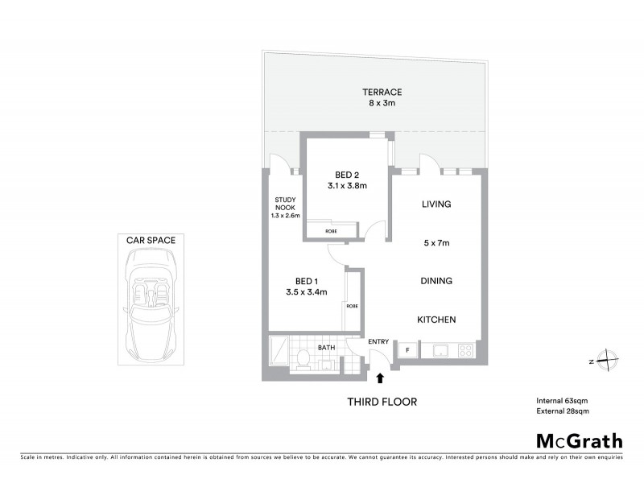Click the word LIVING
click(x=436, y=204)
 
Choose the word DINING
click(x=436, y=281)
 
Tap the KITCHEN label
click(x=436, y=320)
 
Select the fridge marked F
click(x=407, y=349)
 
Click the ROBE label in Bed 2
click(x=331, y=231)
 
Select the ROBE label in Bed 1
click(x=352, y=306)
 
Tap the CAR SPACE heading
click(x=151, y=239)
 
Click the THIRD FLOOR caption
click(x=382, y=402)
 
